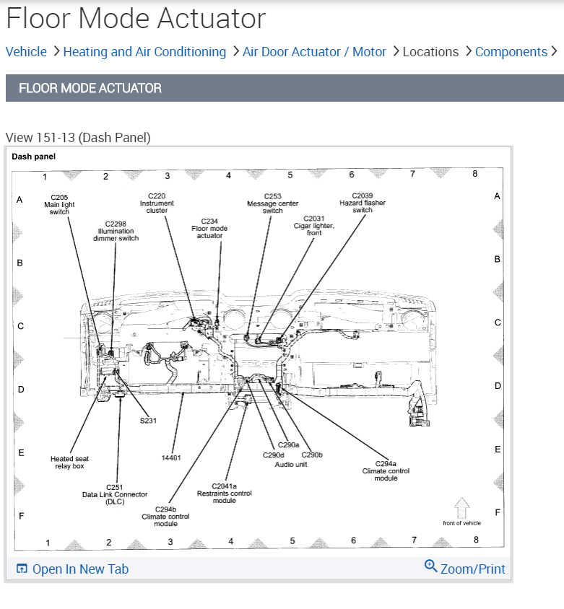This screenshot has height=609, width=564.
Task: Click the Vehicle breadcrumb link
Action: click(x=26, y=52)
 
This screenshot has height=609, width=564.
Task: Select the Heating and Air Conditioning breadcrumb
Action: click(x=144, y=52)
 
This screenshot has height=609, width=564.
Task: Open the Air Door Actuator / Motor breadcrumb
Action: click(x=314, y=52)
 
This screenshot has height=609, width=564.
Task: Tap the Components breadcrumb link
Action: click(x=511, y=52)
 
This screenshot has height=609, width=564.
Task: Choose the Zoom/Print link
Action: click(x=465, y=569)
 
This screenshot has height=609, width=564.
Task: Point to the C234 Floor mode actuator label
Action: click(x=209, y=228)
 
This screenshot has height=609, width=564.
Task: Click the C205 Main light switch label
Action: click(x=59, y=204)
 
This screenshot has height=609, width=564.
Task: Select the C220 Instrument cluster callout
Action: click(x=157, y=203)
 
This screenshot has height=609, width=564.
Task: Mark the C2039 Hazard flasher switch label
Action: click(x=363, y=203)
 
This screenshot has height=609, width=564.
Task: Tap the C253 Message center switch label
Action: click(x=272, y=203)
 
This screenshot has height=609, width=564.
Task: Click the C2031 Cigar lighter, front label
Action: click(x=314, y=225)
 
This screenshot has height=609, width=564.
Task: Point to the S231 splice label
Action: click(x=148, y=420)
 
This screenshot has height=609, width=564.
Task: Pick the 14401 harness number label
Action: click(x=171, y=457)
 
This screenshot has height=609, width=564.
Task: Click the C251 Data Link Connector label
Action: click(x=115, y=494)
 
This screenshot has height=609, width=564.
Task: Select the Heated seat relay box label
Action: click(x=70, y=463)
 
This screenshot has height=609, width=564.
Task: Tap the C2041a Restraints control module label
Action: click(x=225, y=494)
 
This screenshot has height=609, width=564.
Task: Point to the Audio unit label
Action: click(x=291, y=464)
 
